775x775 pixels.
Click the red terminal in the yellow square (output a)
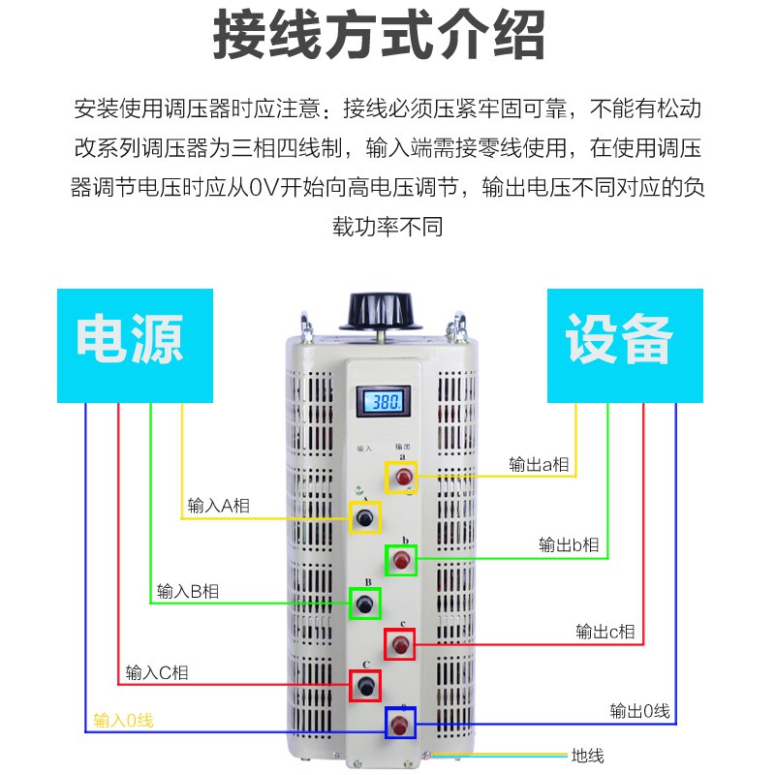(x=401, y=477)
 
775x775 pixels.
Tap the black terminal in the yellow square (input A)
(x=364, y=518)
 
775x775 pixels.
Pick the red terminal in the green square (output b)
(x=401, y=560)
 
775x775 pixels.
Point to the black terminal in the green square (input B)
(x=364, y=604)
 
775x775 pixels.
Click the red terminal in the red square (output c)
(x=399, y=644)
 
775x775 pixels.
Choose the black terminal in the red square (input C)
(x=364, y=686)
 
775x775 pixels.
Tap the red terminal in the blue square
(x=400, y=724)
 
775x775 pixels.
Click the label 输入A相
(x=218, y=506)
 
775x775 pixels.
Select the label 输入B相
(x=188, y=591)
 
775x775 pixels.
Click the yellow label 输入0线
(x=123, y=720)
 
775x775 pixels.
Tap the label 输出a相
(x=540, y=464)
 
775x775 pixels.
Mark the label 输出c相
(x=605, y=632)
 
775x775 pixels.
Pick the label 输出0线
(x=639, y=711)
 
